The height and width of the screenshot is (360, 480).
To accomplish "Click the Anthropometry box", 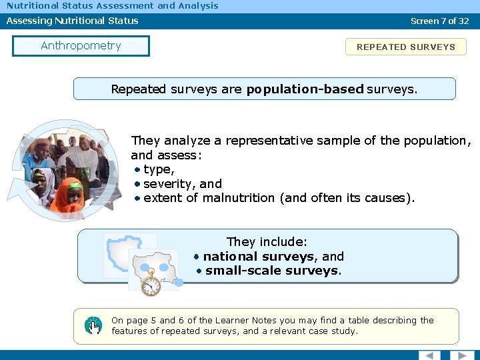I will pos(81,46).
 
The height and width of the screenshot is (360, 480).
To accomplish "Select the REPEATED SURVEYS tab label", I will pos(405,47).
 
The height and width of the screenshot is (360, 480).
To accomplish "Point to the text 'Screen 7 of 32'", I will pos(439,21).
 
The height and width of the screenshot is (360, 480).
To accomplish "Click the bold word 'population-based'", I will pos(305,89).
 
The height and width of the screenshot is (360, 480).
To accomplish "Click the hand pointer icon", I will pos(93,325).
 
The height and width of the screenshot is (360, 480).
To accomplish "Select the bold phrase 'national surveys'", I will pos(259,257).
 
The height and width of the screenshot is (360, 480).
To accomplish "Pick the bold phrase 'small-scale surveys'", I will pos(272,271).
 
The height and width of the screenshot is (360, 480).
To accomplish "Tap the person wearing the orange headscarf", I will pos(68,196).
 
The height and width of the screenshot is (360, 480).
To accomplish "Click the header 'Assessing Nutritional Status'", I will pos(73,21).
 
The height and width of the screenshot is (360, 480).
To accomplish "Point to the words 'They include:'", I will pos(267,242).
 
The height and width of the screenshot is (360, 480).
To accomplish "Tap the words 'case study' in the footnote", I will pos(333,331).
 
